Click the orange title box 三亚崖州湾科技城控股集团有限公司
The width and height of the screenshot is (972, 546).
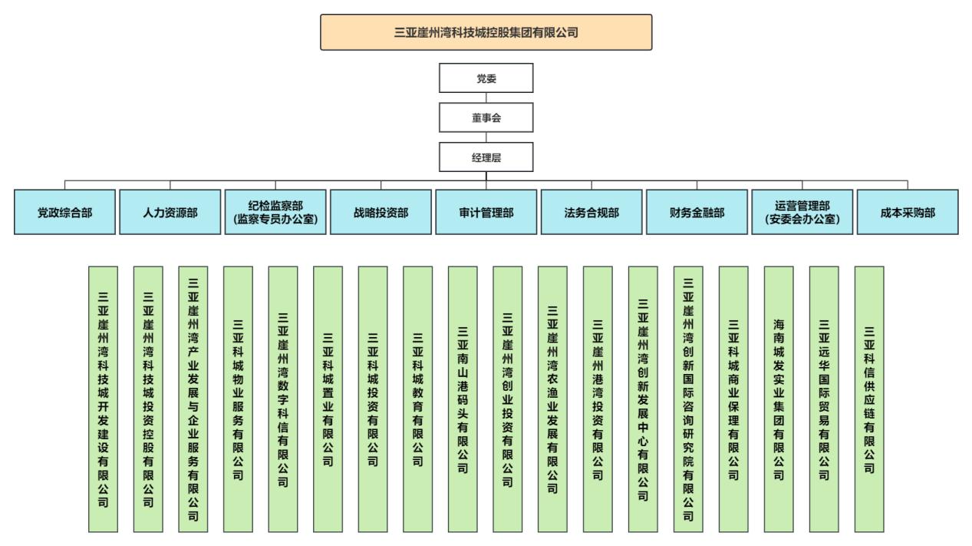[486, 32]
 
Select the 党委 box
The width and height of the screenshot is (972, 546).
[486, 78]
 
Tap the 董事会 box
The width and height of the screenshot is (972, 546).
[486, 117]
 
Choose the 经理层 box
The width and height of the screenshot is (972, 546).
[486, 157]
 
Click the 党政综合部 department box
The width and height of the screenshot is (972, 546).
[64, 212]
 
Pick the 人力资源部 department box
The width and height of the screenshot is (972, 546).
[170, 212]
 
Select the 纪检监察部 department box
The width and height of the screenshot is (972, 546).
[275, 212]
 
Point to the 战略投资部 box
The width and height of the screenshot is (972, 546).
[381, 212]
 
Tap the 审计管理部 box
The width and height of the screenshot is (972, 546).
[486, 212]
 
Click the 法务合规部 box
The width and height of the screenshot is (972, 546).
[591, 212]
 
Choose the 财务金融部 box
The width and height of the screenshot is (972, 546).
[697, 212]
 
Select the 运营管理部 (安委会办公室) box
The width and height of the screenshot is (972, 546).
[802, 212]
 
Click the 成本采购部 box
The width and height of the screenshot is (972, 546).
[908, 212]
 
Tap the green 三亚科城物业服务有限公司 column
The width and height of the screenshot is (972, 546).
[238, 399]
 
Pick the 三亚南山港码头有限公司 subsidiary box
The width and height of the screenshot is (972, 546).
[463, 399]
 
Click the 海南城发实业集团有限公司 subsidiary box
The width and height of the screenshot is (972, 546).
[779, 399]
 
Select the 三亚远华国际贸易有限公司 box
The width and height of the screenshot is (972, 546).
[824, 399]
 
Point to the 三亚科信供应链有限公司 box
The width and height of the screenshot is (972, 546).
[869, 399]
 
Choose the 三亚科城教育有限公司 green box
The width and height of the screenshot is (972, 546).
[417, 399]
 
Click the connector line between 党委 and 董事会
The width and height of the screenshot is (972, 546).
[486, 98]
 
